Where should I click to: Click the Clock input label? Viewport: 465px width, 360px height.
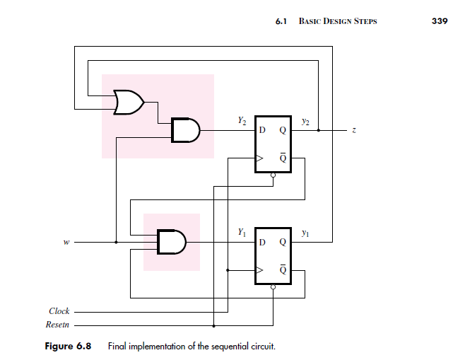click(59, 311)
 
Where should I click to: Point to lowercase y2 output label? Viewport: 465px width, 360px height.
click(305, 122)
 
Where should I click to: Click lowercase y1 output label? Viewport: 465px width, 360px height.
click(305, 232)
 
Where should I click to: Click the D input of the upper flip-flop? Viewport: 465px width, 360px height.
click(262, 131)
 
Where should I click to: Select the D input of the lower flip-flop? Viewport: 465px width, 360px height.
click(262, 242)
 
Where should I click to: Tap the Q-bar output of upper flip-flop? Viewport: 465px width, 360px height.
click(283, 158)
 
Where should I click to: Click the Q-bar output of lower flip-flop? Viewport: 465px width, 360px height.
click(283, 269)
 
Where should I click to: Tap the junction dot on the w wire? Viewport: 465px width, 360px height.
click(116, 242)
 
